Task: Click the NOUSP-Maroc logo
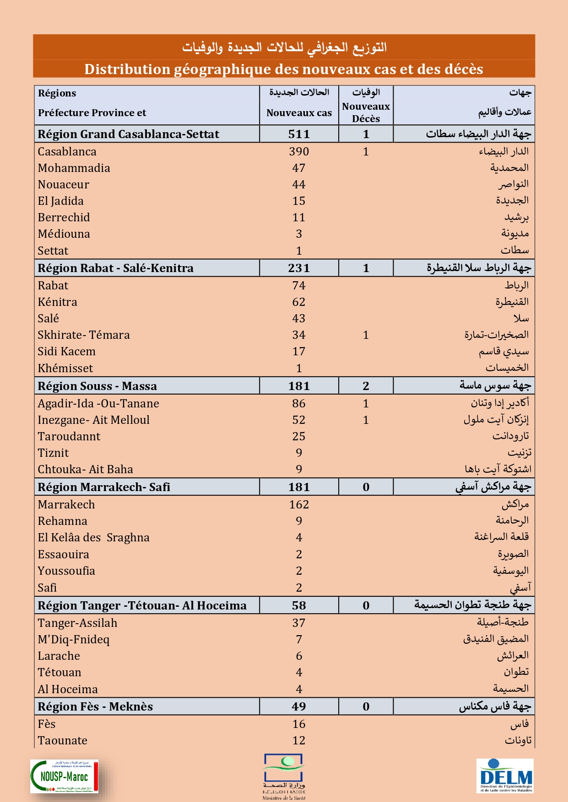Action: coord(64,776)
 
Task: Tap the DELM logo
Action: coord(505,776)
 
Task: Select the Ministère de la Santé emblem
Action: coord(284,776)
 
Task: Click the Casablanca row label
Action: coord(67,151)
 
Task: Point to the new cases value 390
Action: coord(299,151)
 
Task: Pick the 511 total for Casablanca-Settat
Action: coord(299,134)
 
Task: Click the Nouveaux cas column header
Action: coord(299,113)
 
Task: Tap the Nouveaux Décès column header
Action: coord(366,112)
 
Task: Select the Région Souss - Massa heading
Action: coord(97,386)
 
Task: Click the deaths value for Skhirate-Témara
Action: coord(366,335)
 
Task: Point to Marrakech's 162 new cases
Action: coord(299,504)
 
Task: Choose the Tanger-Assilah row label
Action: coord(77,623)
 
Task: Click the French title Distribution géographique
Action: coord(284,69)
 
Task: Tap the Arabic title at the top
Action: coord(284,47)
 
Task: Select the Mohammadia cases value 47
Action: coord(299,168)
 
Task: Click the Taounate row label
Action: coord(62,740)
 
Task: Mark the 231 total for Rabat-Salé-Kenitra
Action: coord(299,268)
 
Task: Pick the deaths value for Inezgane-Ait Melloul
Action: coord(366,420)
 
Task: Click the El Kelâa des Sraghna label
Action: coord(93,537)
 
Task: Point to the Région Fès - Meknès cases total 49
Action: coord(299,706)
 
